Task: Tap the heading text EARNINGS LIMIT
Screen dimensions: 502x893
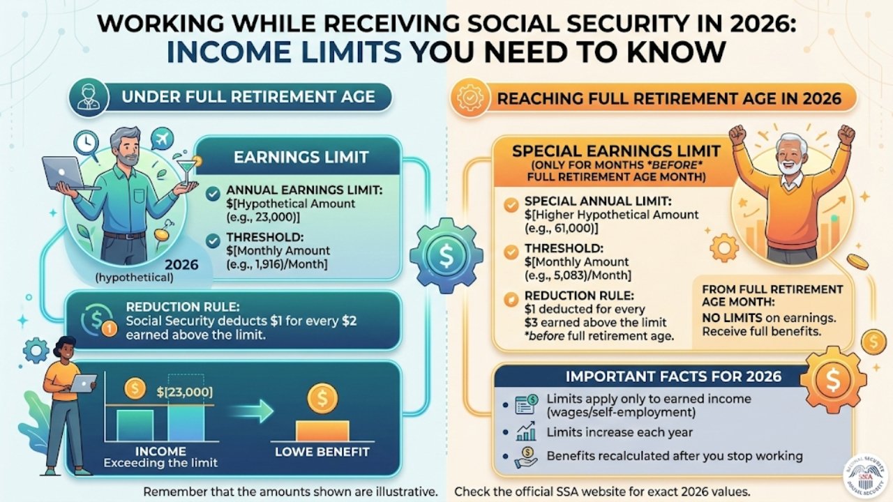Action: pyautogui.click(x=301, y=157)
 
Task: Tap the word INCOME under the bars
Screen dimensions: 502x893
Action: pyautogui.click(x=160, y=451)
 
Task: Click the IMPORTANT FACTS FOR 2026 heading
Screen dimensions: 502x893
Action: pyautogui.click(x=673, y=377)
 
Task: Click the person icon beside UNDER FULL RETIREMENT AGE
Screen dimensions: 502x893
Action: pyautogui.click(x=89, y=97)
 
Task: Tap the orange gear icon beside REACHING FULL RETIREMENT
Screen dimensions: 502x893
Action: pyautogui.click(x=468, y=99)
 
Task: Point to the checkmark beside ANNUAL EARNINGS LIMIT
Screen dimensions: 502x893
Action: pyautogui.click(x=213, y=195)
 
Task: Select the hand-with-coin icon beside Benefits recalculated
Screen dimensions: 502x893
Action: pyautogui.click(x=525, y=457)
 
